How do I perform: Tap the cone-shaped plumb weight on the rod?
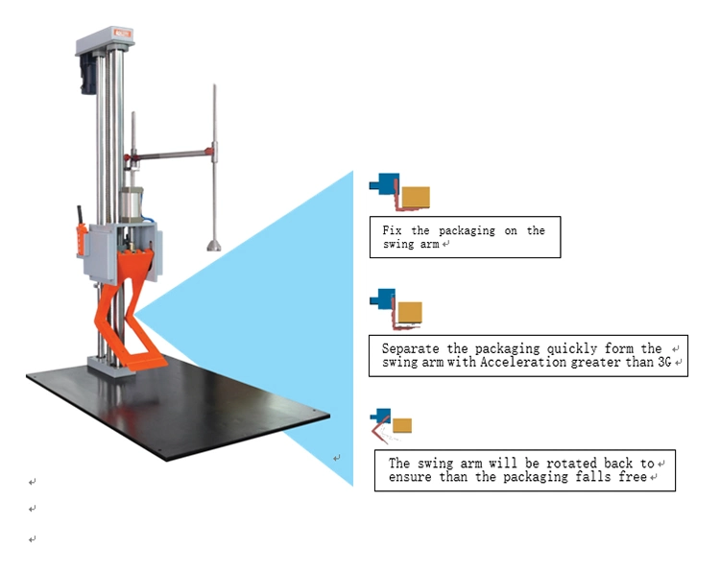(x=213, y=246)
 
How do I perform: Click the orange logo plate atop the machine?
(x=123, y=33)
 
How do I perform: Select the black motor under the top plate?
(x=89, y=74)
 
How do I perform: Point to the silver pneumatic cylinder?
(x=132, y=204)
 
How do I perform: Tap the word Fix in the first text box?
(x=392, y=230)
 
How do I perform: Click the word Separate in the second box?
(x=411, y=348)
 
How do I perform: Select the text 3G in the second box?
(x=664, y=362)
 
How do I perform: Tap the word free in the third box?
(x=633, y=477)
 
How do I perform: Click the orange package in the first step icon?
(x=416, y=197)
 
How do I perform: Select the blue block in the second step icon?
(x=382, y=298)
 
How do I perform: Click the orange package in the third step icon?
(x=402, y=425)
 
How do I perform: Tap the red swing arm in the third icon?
(x=379, y=429)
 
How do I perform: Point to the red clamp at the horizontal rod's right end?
(x=209, y=152)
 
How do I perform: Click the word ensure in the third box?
(x=410, y=477)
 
